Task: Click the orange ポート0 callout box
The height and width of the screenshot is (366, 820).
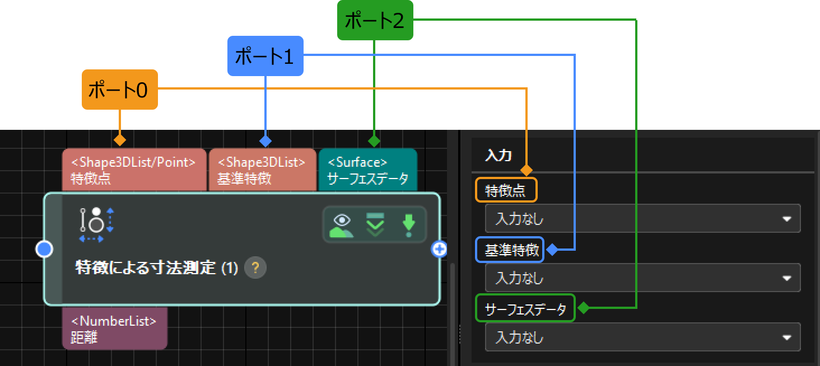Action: (x=119, y=90)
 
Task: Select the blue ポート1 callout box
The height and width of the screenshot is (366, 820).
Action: (x=265, y=56)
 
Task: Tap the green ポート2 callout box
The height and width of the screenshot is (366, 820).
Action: (x=375, y=21)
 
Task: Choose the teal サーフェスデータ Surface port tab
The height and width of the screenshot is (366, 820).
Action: (x=367, y=171)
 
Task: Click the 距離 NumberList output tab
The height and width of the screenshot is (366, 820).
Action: (x=114, y=329)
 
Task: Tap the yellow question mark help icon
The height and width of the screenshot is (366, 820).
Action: (x=255, y=268)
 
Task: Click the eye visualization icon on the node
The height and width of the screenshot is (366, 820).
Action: (x=341, y=224)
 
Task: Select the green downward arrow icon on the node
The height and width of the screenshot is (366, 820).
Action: (x=408, y=224)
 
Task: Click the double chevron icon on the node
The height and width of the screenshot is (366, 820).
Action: (x=375, y=224)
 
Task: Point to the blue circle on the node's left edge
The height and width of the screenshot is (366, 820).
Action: (x=44, y=249)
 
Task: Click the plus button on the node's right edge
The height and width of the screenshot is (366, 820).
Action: (x=439, y=249)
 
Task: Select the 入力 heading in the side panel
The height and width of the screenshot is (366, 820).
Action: (x=498, y=155)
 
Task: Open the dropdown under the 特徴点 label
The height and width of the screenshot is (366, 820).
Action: (x=642, y=219)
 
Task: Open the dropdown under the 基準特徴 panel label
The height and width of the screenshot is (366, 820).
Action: (x=642, y=278)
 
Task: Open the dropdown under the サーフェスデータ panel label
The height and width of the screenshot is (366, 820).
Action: (x=642, y=337)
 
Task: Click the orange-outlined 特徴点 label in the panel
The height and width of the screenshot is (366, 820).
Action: (x=506, y=190)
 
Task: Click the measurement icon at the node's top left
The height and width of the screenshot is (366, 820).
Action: (x=96, y=224)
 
